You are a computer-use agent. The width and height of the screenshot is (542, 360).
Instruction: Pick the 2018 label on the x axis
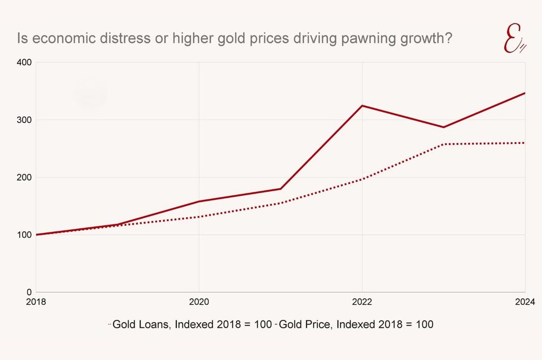(36, 302)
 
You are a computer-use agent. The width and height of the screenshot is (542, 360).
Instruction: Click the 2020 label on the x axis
(199, 302)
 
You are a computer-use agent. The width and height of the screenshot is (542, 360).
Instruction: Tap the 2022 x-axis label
(362, 302)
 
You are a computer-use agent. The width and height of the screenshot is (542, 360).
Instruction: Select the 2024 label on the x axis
(524, 302)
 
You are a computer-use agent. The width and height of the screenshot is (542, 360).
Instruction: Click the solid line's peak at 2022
(362, 106)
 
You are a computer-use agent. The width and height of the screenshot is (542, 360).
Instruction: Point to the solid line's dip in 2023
(444, 127)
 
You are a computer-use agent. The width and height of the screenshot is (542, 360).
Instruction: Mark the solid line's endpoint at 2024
(524, 93)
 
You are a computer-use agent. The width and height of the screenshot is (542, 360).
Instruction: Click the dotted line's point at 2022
(362, 179)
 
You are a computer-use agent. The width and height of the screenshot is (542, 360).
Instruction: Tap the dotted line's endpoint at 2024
(524, 143)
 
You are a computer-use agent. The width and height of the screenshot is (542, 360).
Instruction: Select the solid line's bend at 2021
(281, 189)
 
